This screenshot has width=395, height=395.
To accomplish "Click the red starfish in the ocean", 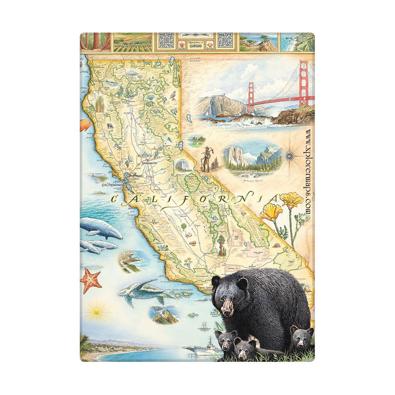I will click(x=91, y=280).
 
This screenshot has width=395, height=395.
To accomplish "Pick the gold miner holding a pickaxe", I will click(x=206, y=159).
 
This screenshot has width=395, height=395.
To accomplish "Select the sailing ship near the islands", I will click(x=204, y=327).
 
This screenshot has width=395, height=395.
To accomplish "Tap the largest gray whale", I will click(x=101, y=228).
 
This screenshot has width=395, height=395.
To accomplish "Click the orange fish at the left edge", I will click(x=85, y=125).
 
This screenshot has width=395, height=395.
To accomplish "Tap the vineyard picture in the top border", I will click(x=132, y=42).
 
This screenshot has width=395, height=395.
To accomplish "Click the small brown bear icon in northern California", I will click(x=109, y=126).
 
